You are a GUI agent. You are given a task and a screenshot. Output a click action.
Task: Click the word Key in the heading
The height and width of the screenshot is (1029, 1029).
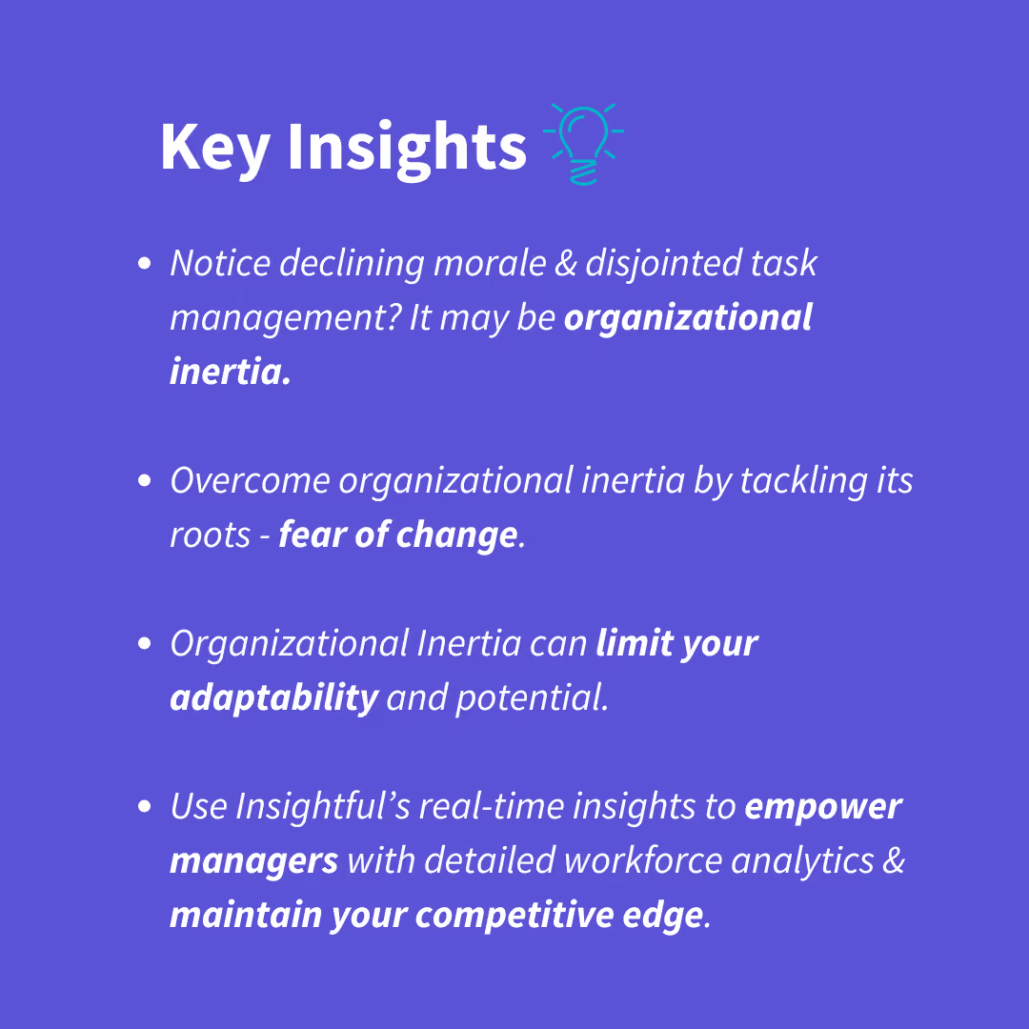215,149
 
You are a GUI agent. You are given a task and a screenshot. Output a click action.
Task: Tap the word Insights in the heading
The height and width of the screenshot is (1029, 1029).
407,149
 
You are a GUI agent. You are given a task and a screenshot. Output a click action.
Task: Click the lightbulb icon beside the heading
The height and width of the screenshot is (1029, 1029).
583,144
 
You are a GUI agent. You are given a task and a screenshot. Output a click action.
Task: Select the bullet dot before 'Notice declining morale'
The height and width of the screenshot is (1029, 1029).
145,263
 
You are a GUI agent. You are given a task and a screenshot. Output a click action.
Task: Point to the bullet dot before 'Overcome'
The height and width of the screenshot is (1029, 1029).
145,480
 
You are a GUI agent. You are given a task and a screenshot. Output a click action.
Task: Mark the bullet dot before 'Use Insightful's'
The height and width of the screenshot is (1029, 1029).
145,806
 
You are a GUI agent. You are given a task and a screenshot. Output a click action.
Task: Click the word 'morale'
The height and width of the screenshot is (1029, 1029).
490,263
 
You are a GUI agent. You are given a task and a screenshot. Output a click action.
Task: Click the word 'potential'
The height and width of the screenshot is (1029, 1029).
530,698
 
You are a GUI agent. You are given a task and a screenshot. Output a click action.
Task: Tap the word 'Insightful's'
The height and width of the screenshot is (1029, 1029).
323,806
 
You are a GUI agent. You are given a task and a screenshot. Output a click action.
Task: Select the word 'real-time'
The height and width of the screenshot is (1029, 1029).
492,806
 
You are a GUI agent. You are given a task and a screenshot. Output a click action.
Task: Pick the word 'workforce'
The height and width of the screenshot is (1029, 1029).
643,860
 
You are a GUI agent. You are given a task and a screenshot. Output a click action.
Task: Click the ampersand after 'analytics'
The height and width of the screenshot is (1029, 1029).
893,861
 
